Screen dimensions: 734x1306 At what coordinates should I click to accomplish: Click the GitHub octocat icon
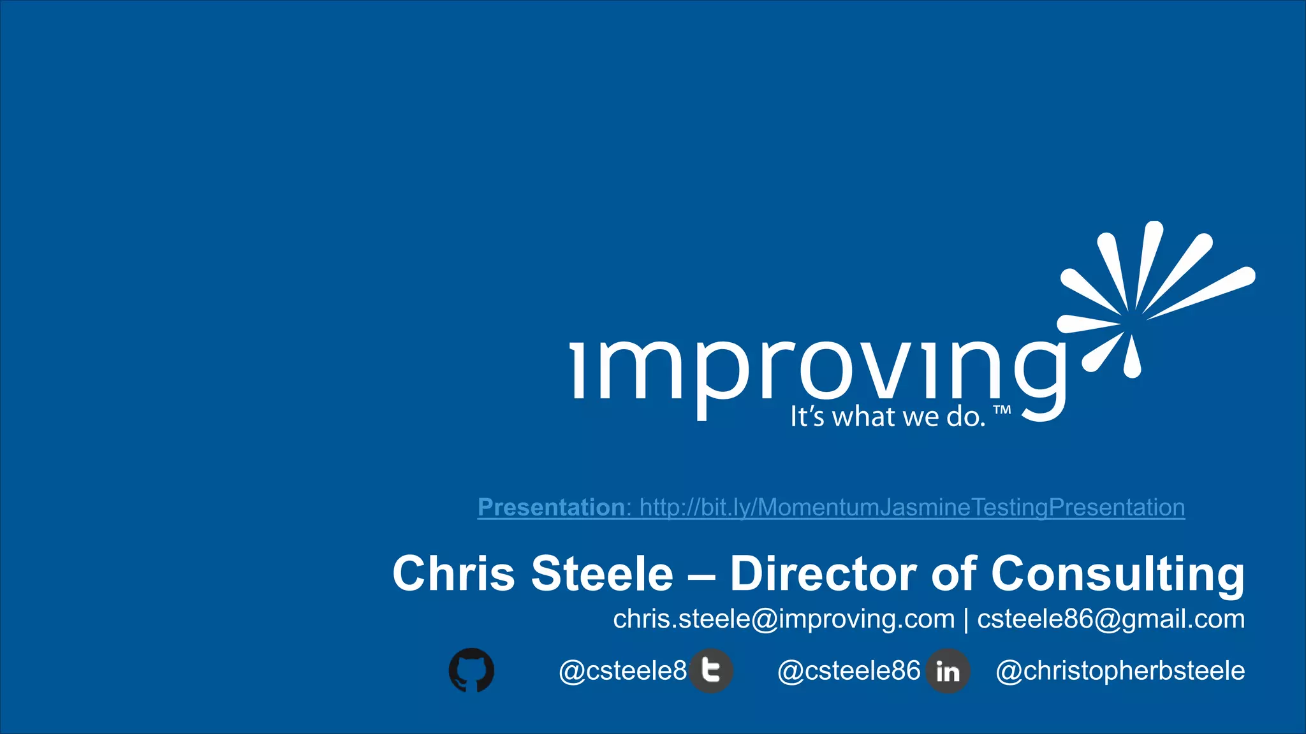[471, 670]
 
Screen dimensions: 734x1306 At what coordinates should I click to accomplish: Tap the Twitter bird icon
[711, 670]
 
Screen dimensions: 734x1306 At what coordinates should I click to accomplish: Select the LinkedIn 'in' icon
[948, 671]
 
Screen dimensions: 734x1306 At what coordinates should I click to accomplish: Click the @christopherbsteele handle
[1120, 671]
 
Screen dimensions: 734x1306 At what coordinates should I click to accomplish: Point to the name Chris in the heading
[453, 573]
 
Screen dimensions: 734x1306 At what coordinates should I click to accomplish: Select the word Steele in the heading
[602, 573]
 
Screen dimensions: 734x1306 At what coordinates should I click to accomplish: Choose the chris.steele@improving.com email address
[784, 619]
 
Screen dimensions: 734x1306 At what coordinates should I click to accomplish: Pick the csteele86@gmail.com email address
[1111, 619]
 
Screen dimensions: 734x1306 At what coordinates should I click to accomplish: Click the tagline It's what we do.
[888, 417]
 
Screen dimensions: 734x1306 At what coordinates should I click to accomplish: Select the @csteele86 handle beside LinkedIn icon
[849, 671]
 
